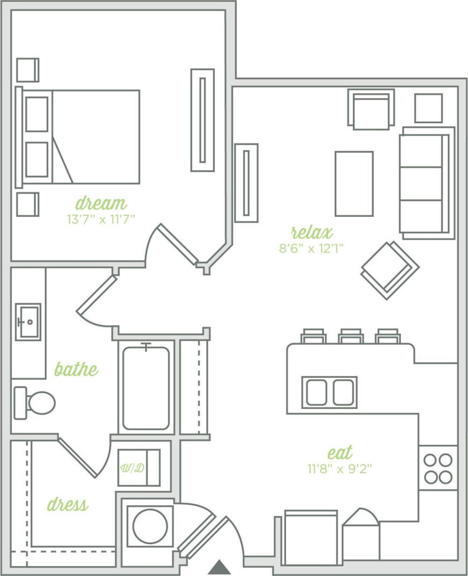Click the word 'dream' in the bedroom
point(101,204)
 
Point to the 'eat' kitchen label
point(340,453)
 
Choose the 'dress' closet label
point(67,504)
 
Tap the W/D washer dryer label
point(132,468)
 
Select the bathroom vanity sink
point(28,322)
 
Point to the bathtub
point(146,387)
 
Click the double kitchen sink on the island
point(329,392)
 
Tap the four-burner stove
point(438,468)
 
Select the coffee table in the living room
point(354,184)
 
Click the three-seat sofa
point(425,183)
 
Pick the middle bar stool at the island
point(351,336)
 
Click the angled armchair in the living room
point(389,270)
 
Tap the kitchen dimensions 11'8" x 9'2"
point(340,468)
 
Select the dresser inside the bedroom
point(202,120)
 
